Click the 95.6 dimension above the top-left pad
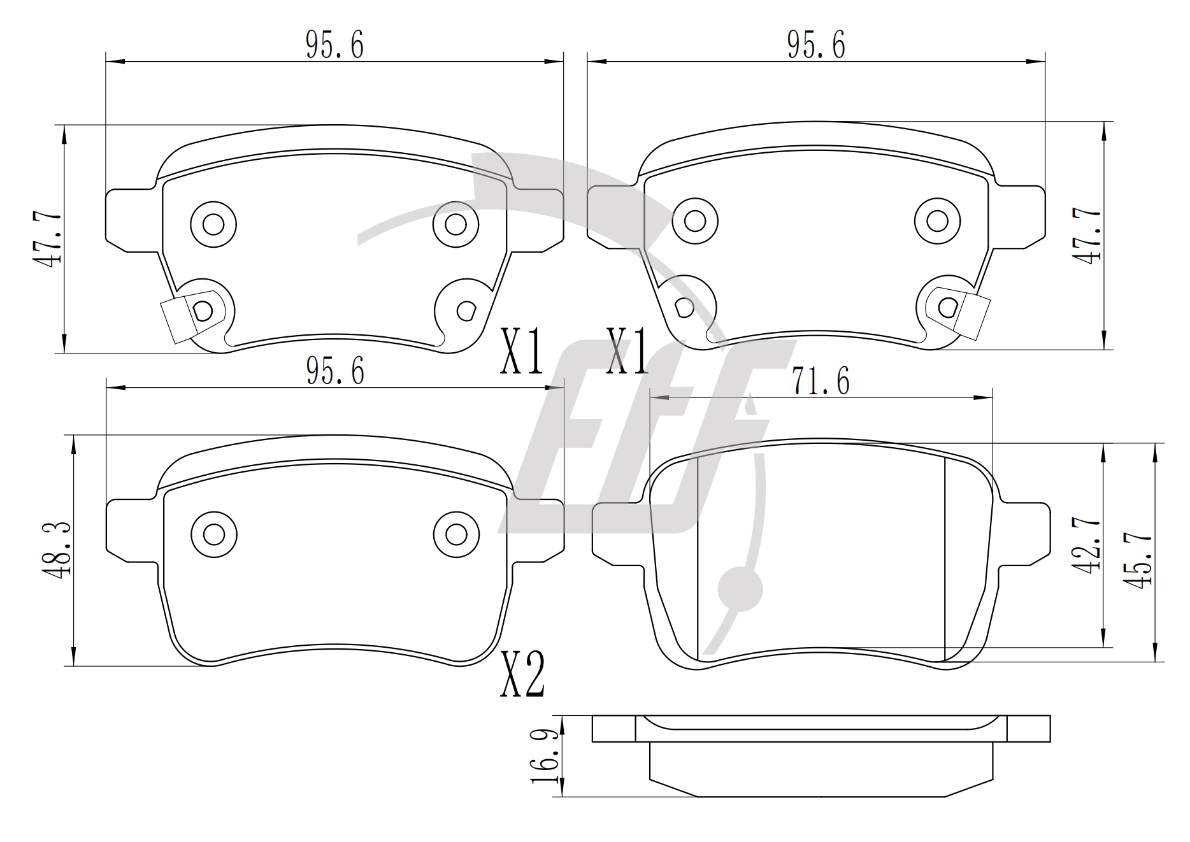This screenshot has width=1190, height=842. click(x=334, y=45)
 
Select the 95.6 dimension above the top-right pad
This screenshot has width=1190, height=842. click(x=816, y=45)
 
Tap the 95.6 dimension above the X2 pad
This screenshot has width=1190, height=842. click(x=335, y=371)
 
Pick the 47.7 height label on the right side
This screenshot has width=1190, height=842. click(x=1087, y=236)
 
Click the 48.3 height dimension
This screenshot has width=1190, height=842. click(x=57, y=550)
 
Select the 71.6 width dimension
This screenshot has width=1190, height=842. click(x=821, y=381)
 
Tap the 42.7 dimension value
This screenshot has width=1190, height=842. click(x=1087, y=545)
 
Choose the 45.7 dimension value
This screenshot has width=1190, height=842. click(x=1138, y=560)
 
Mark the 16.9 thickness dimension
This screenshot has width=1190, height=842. click(x=545, y=756)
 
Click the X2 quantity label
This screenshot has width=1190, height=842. click(x=522, y=674)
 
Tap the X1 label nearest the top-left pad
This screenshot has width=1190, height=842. click(x=522, y=350)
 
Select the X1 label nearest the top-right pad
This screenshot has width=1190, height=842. click(x=627, y=350)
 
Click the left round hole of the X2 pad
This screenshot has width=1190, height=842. click(x=214, y=534)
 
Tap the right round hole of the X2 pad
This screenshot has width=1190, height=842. click(x=456, y=534)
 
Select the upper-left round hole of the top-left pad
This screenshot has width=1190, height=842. click(x=213, y=224)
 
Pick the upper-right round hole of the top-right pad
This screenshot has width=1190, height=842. click(x=937, y=221)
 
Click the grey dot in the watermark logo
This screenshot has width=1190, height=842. click(x=740, y=589)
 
